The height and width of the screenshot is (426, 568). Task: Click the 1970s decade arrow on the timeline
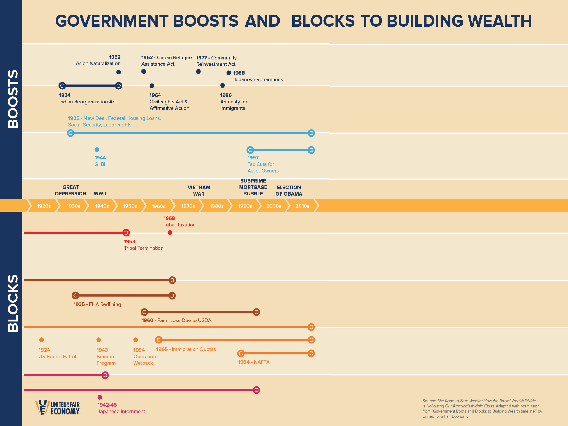click(188, 206)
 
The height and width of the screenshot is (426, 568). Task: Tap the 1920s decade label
click(44, 206)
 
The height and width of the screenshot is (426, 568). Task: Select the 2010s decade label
click(302, 206)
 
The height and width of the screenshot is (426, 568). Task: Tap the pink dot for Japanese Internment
click(100, 397)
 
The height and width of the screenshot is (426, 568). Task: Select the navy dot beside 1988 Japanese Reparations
click(229, 73)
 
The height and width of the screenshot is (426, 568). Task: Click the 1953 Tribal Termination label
click(143, 245)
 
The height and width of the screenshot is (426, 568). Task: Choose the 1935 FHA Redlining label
click(97, 304)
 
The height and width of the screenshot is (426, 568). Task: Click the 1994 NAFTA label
click(254, 362)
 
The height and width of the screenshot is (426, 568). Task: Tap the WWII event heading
click(100, 193)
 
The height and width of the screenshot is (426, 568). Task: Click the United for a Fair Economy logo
click(58, 407)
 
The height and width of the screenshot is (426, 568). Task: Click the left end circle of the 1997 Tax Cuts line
click(250, 150)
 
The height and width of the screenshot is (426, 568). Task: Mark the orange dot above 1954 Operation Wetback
click(136, 340)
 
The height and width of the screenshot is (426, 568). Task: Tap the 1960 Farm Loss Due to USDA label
click(176, 320)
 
